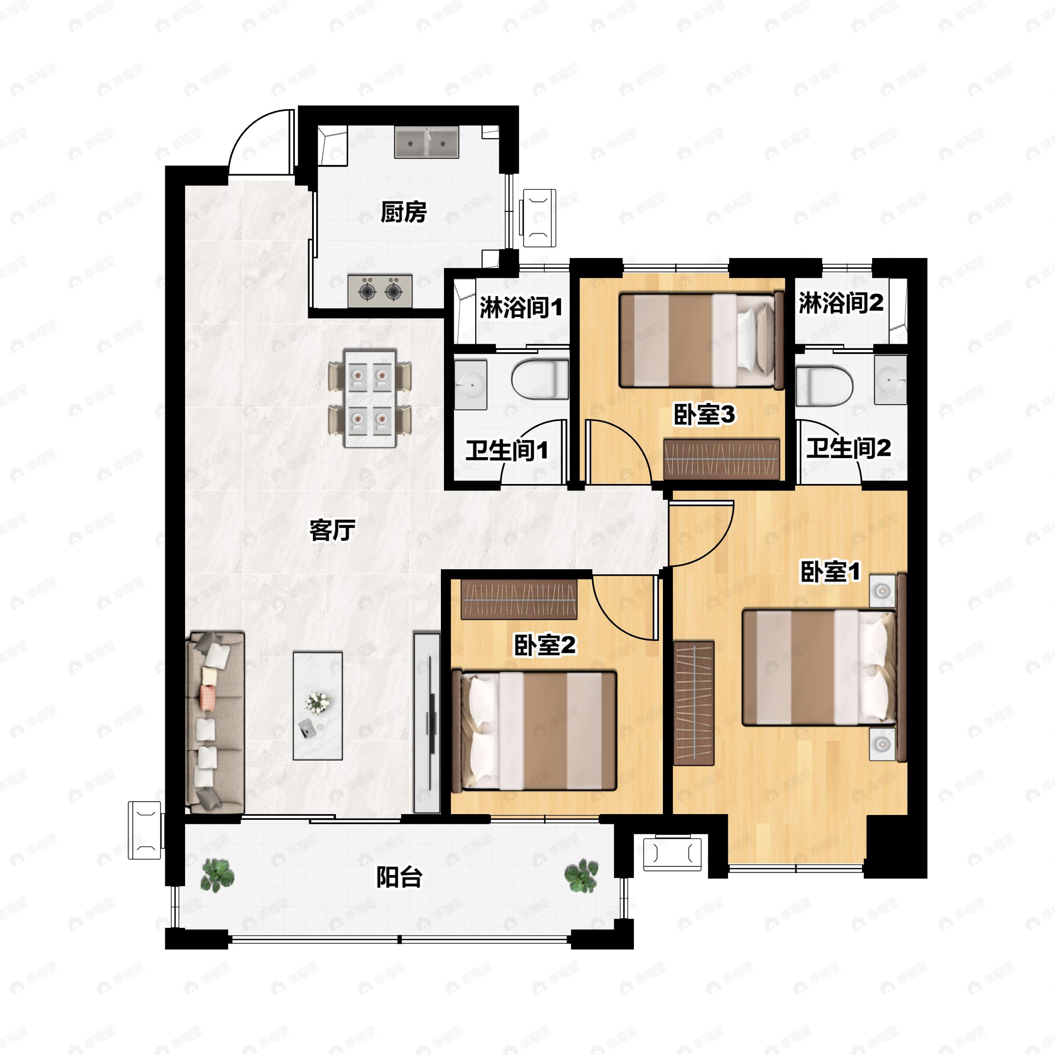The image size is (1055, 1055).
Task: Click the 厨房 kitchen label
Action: [403, 212]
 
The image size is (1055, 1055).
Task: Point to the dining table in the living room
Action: [370, 398]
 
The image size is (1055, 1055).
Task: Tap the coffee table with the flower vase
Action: [318, 706]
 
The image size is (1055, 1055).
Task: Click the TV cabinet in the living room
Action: [427, 723]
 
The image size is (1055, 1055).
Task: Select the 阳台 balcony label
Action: [399, 877]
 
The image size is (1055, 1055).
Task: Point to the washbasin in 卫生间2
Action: [890, 379]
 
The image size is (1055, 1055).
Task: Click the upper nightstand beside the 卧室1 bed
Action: [882, 591]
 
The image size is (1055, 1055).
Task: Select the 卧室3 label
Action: [704, 415]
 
